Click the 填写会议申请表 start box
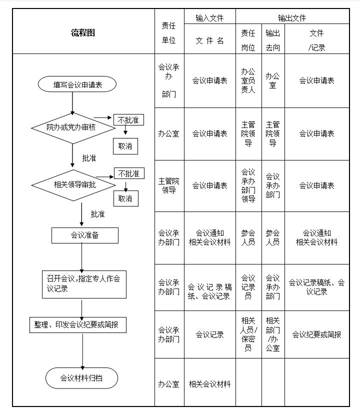pyautogui.click(x=77, y=84)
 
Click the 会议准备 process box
pyautogui.click(x=85, y=235)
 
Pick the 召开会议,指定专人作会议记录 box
pyautogui.click(x=84, y=283)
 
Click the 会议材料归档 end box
pyautogui.click(x=81, y=378)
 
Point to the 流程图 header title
pyautogui.click(x=83, y=33)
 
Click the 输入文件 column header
pyautogui.click(x=209, y=18)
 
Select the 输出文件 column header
pyautogui.click(x=292, y=18)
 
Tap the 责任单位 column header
pyautogui.click(x=169, y=33)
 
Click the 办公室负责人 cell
pyautogui.click(x=248, y=80)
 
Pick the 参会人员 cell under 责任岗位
pyautogui.click(x=248, y=237)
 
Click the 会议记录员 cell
pyautogui.click(x=248, y=287)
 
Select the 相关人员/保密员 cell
pyautogui.click(x=248, y=334)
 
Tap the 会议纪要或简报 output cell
pyautogui.click(x=316, y=334)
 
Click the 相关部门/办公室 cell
pyautogui.click(x=273, y=334)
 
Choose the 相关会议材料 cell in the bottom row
pyautogui.click(x=209, y=384)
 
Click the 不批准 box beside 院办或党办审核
pyautogui.click(x=128, y=120)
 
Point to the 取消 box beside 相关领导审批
pyautogui.click(x=125, y=198)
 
